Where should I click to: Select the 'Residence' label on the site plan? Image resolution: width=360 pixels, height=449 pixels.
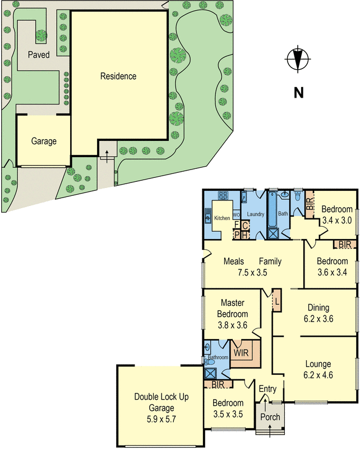118,76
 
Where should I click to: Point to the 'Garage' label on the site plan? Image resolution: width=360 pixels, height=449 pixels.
44,141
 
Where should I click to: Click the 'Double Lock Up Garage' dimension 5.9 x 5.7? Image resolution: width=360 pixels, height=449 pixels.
161,418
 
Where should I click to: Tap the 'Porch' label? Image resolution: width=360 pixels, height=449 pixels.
270,417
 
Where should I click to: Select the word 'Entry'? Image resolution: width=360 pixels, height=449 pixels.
267,389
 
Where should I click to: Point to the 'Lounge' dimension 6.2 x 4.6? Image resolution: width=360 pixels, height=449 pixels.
319,375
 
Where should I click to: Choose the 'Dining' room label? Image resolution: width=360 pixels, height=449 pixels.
319,308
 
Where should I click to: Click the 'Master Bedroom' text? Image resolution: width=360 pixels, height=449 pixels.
234,309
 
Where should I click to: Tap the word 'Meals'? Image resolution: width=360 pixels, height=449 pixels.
233,262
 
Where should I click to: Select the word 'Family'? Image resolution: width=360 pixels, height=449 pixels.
270,262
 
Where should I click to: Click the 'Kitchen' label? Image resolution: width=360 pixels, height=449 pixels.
222,218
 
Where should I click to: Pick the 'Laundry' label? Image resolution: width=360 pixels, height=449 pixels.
255,214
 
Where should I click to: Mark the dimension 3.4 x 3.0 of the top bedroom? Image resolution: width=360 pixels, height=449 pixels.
336,221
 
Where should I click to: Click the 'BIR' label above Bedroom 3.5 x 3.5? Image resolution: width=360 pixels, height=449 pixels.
219,384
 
